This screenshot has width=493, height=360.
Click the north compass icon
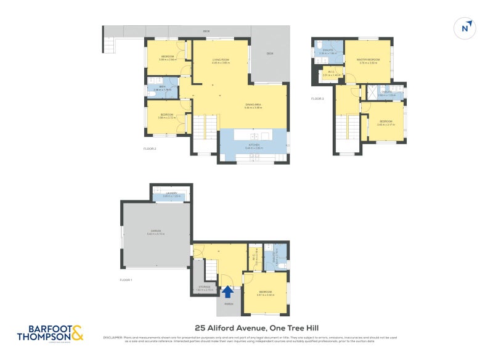[x=467, y=28]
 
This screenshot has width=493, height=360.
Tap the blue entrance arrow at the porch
[x=227, y=292]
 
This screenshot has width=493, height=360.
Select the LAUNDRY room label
[x=171, y=194]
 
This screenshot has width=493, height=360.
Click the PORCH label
[x=229, y=303]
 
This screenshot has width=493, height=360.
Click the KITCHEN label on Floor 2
[x=254, y=145]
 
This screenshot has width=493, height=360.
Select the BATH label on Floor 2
[x=161, y=87]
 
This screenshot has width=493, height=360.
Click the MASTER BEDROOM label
[x=367, y=59]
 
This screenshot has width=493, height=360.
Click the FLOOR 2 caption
[x=150, y=149]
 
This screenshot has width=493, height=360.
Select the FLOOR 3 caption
[x=317, y=99]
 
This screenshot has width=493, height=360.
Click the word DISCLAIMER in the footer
[x=113, y=337]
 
